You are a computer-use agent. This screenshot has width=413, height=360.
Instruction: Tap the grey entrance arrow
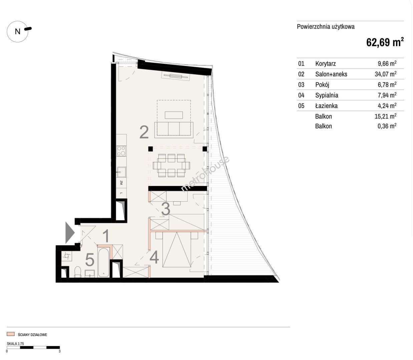70,233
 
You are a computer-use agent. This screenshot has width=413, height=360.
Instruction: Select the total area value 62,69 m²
385,42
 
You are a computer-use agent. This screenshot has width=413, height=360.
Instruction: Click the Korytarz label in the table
325,64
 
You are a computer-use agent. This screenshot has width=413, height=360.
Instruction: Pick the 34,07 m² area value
386,74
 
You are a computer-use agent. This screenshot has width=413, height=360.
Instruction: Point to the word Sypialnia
327,95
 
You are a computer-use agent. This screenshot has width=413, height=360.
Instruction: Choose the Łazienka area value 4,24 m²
387,105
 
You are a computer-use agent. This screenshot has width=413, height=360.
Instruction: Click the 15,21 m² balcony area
386,116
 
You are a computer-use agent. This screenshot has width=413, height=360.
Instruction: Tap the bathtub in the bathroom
103,262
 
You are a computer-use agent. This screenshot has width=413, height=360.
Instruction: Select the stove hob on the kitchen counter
121,151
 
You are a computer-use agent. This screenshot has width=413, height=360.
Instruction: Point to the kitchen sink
121,172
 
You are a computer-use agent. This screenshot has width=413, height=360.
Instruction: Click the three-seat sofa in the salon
174,130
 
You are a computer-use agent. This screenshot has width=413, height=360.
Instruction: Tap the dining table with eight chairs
171,166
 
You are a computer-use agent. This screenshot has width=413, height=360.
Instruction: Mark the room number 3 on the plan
166,209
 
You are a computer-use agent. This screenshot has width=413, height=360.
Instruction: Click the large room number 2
144,132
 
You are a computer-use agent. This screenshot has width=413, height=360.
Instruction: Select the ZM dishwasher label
121,183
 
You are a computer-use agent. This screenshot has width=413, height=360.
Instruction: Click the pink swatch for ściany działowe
11,334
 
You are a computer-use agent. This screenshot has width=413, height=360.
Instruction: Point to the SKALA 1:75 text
15,343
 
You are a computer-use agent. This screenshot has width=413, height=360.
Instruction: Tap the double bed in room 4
177,249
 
